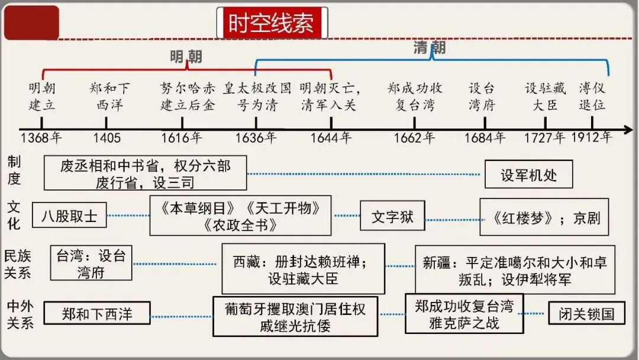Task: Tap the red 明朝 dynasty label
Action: pos(186,57)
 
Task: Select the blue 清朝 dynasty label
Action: pos(429,48)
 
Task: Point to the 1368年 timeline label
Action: pos(41,138)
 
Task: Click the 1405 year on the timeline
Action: pos(107,138)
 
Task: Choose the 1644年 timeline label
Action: pos(331,138)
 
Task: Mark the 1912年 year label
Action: pos(592,137)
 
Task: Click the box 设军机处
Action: pos(528,175)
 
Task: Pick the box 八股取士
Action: pos(69,215)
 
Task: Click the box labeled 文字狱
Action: pos(392,216)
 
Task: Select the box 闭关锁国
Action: pos(586,313)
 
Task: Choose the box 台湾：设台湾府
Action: pos(91,263)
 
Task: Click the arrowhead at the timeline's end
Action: pos(628,128)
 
